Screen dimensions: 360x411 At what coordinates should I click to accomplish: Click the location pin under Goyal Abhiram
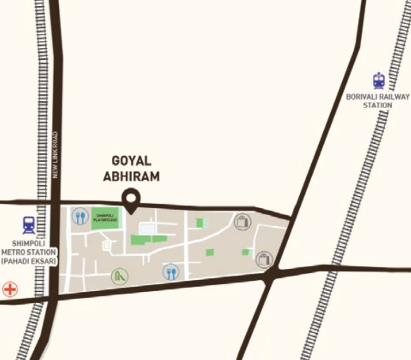[131, 199]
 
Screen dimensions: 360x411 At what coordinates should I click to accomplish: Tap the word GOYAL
[131, 161]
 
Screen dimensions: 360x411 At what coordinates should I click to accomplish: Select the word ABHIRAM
[131, 176]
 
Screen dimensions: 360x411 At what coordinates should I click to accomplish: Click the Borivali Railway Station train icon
[378, 80]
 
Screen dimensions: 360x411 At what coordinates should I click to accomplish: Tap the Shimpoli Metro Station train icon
[28, 225]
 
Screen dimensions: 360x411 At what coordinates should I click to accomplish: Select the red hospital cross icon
[9, 289]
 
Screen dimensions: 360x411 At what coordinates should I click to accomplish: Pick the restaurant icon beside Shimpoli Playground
[80, 216]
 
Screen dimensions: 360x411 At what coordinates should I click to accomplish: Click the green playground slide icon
[120, 276]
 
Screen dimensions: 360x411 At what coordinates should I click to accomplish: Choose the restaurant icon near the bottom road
[171, 272]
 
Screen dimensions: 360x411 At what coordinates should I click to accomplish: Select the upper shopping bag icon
[242, 221]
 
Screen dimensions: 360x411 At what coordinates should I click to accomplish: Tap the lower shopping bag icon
[264, 259]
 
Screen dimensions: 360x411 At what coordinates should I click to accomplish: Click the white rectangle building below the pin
[147, 228]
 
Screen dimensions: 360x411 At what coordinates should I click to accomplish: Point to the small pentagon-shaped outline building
[107, 244]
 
